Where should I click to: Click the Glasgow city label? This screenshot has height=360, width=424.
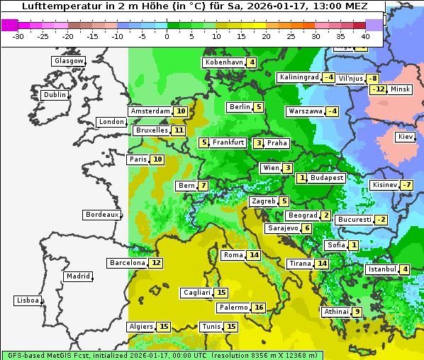tap(69, 61)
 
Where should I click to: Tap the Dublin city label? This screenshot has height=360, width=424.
tap(54, 95)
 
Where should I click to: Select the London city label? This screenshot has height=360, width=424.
tap(111, 122)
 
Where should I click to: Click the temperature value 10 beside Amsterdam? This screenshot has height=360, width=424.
tap(181, 111)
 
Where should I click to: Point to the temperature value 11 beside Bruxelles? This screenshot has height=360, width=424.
tap(178, 130)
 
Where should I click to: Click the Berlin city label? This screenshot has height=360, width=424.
tap(240, 107)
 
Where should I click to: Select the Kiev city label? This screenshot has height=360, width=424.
tap(406, 137)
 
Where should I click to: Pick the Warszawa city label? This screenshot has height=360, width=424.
tap(305, 111)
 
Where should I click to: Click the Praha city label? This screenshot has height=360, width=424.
tap(277, 143)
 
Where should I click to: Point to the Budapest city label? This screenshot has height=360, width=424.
tap(326, 178)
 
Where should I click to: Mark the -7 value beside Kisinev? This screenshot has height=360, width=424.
tap(406, 185)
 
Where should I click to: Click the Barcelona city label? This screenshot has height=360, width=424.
tap(128, 263)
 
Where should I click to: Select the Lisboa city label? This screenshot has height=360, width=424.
tap(27, 300)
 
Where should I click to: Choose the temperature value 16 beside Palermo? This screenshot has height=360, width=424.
tap(259, 308)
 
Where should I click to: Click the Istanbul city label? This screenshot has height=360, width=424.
tap(383, 269)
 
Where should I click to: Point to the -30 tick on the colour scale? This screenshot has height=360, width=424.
tap(18, 35)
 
